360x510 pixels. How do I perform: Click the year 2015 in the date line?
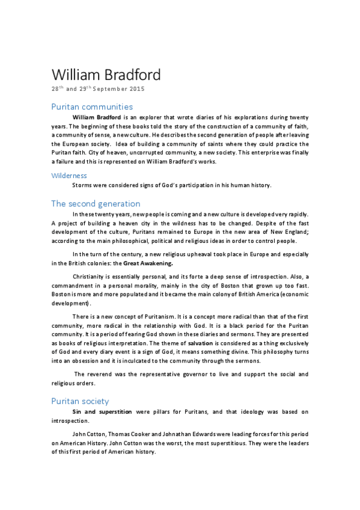coord(134,89)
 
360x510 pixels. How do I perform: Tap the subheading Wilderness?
coord(69,175)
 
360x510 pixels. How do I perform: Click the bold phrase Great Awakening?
coord(148,263)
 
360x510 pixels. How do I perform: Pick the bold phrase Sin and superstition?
coord(103,412)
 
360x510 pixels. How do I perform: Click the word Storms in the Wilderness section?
coord(84,185)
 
